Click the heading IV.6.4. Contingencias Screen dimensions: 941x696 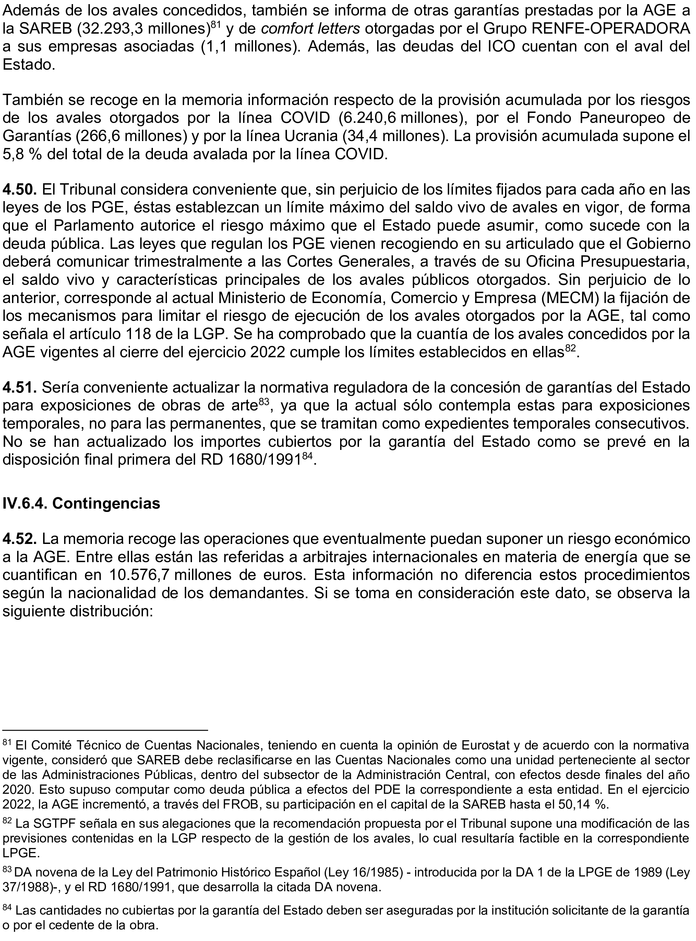click(x=81, y=503)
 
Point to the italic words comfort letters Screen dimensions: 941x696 click(x=311, y=29)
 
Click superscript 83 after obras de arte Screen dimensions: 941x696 click(x=264, y=402)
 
